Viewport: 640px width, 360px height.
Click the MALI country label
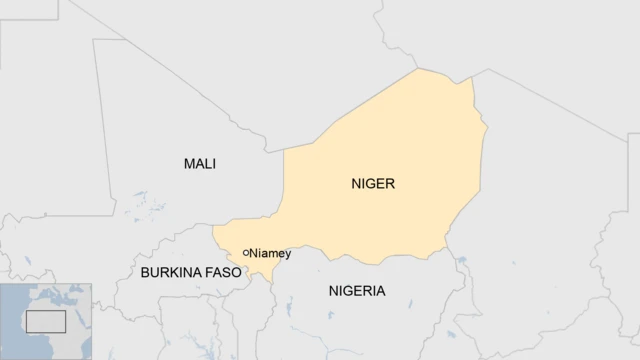200,163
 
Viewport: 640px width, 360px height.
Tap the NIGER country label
373,184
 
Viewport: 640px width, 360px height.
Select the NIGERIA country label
356,291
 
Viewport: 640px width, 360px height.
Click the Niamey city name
270,253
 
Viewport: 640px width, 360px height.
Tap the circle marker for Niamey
246,253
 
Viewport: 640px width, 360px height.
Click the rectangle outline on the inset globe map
45,321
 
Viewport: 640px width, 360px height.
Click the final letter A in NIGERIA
379,291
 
